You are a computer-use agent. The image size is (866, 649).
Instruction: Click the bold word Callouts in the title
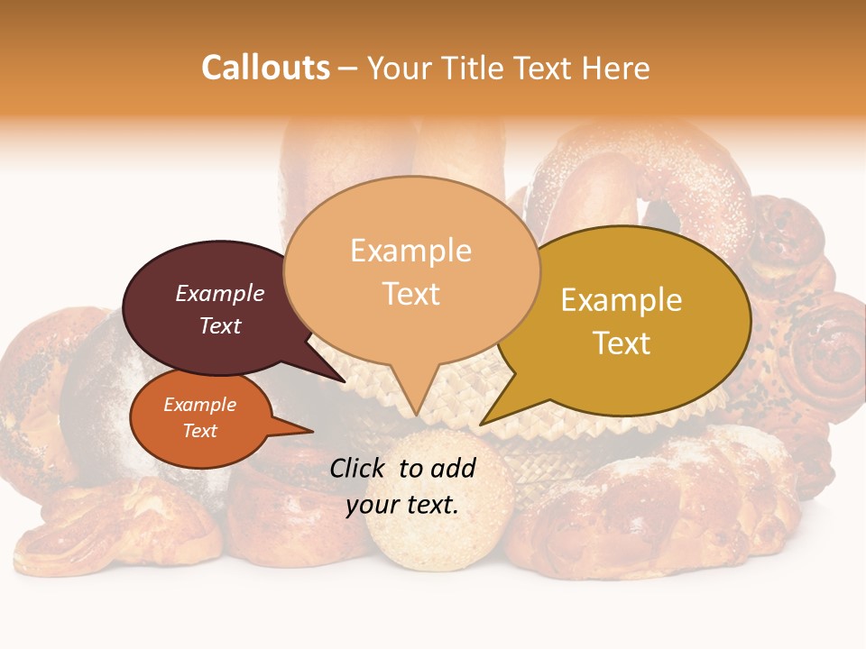(265, 68)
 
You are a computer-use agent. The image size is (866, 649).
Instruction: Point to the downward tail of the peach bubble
(413, 397)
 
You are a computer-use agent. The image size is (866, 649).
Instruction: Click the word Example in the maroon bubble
(220, 294)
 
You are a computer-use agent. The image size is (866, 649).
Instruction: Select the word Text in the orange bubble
(200, 431)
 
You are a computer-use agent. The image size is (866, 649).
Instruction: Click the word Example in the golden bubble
(622, 300)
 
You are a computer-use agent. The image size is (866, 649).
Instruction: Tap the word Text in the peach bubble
(411, 294)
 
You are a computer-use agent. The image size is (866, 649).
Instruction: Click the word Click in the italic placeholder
(358, 468)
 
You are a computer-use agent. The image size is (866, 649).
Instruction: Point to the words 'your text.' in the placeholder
(402, 505)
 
